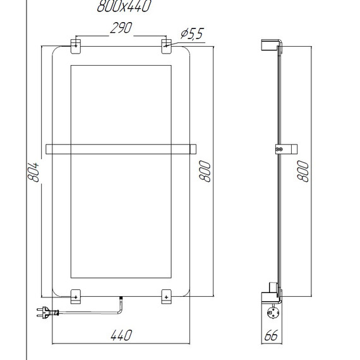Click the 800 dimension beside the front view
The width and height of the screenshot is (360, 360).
pyautogui.click(x=205, y=171)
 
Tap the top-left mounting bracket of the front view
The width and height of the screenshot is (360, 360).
pyautogui.click(x=75, y=44)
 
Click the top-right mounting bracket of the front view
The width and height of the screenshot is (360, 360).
pyautogui.click(x=166, y=44)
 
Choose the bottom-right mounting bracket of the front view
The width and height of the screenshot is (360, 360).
pyautogui.click(x=166, y=294)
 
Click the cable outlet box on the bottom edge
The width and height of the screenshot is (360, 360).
pyautogui.click(x=121, y=298)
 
